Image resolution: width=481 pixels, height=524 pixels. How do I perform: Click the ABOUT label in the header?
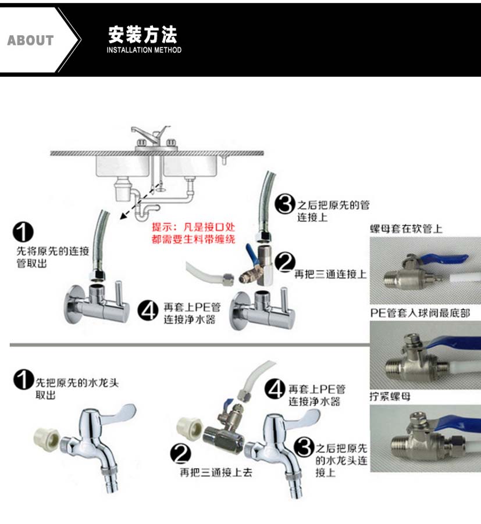click(x=30, y=40)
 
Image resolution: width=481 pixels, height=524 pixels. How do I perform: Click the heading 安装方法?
click(x=142, y=34)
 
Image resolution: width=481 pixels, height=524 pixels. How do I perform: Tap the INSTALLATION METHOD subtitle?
click(x=144, y=51)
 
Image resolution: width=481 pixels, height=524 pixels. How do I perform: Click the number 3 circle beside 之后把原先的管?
click(x=284, y=204)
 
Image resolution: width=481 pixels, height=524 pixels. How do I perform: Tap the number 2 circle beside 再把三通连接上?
click(x=284, y=263)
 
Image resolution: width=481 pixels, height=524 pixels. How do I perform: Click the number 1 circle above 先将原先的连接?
click(x=23, y=234)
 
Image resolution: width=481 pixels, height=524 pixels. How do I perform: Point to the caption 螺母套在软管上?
click(x=406, y=229)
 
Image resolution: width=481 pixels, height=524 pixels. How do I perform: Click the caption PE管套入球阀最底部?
click(x=420, y=313)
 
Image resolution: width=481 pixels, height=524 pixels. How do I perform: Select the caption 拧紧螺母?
click(x=390, y=397)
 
